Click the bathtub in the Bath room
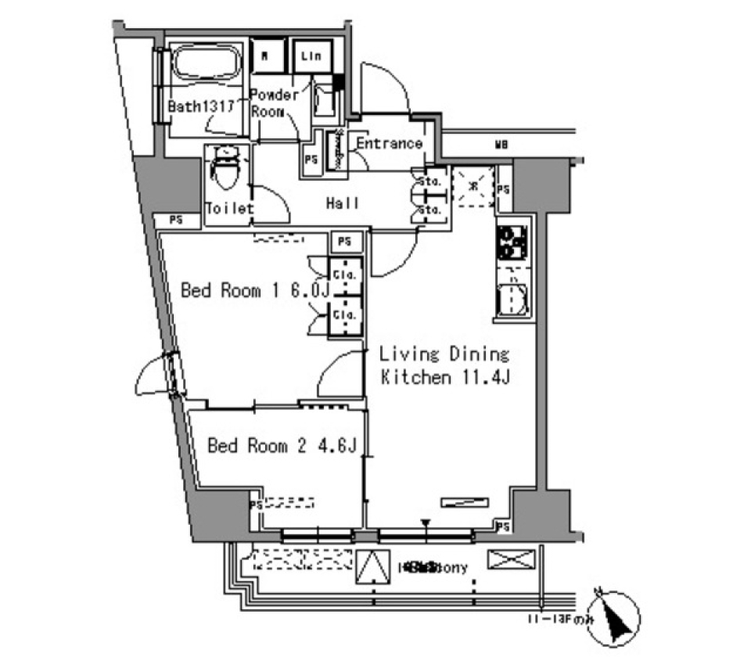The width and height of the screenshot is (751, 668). tap(206, 63)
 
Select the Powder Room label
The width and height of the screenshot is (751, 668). tap(274, 103)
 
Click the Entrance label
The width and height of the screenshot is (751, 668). tap(389, 143)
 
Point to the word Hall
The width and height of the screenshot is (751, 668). tap(343, 203)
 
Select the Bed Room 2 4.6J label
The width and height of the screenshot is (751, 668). tap(282, 446)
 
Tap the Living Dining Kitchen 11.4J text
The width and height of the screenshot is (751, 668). tap(445, 365)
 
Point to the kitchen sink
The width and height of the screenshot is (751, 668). tap(513, 297)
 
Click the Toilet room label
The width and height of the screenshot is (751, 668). tap(229, 209)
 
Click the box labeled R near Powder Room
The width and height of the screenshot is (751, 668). tap(268, 55)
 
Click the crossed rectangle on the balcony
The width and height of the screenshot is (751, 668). tap(512, 560)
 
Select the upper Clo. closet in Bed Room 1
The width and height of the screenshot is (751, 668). tap(345, 275)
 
